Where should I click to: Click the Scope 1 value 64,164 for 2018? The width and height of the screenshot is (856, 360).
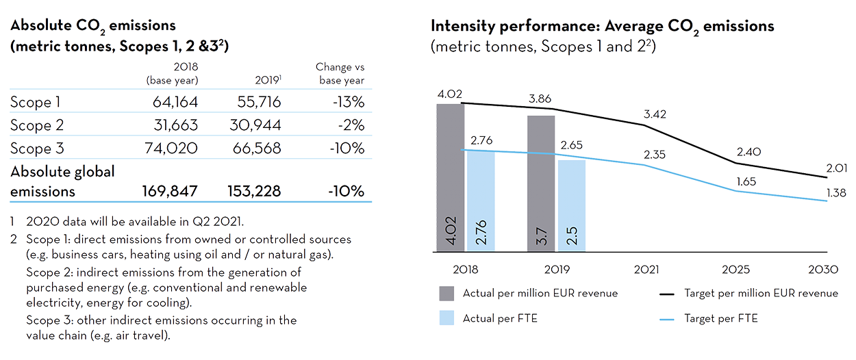click(172, 103)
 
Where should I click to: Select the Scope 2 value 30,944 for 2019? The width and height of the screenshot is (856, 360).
click(253, 126)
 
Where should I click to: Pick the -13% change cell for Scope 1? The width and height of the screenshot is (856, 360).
click(346, 103)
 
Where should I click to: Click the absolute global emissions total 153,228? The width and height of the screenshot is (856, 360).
click(253, 192)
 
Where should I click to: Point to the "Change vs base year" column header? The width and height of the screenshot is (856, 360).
click(340, 73)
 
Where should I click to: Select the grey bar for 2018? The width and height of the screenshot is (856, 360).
click(450, 178)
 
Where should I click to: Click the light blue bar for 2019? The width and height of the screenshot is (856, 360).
click(572, 205)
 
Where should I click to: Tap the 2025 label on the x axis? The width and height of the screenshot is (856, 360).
click(736, 270)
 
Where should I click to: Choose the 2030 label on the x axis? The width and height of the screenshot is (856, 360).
click(822, 270)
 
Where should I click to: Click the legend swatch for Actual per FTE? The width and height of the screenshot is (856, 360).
click(446, 318)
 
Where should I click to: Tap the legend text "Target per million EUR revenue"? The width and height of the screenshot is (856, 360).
click(761, 293)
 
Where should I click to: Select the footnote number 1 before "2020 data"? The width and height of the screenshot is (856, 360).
click(13, 221)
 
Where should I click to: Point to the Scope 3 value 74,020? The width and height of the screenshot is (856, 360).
click(172, 149)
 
